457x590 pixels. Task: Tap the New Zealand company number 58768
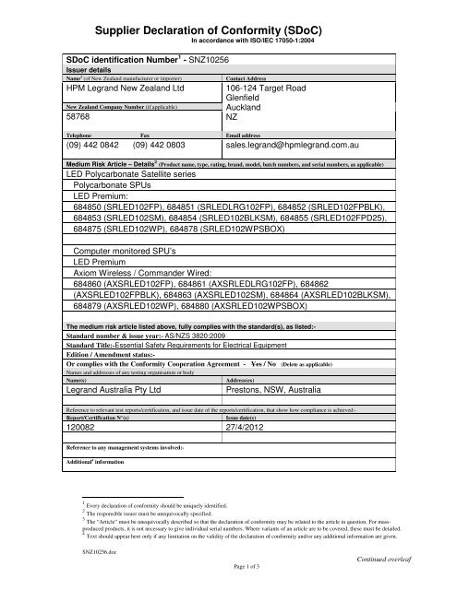pos(73,118)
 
